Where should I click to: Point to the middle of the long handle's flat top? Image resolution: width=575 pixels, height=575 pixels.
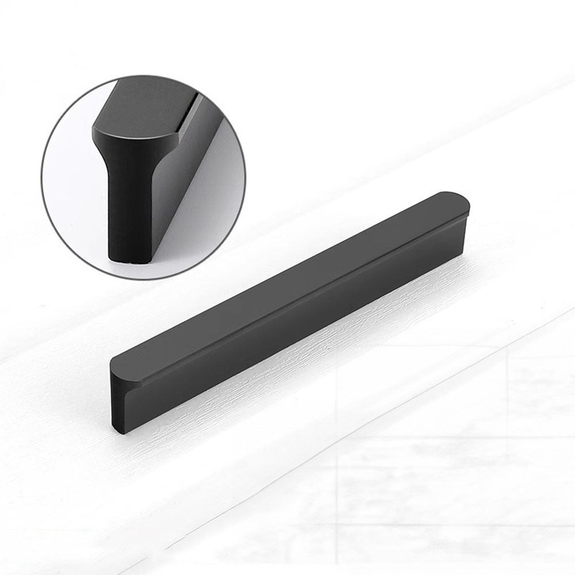pyautogui.click(x=287, y=282)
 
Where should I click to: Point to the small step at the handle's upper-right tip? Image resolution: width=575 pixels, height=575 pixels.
pyautogui.click(x=467, y=214)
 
